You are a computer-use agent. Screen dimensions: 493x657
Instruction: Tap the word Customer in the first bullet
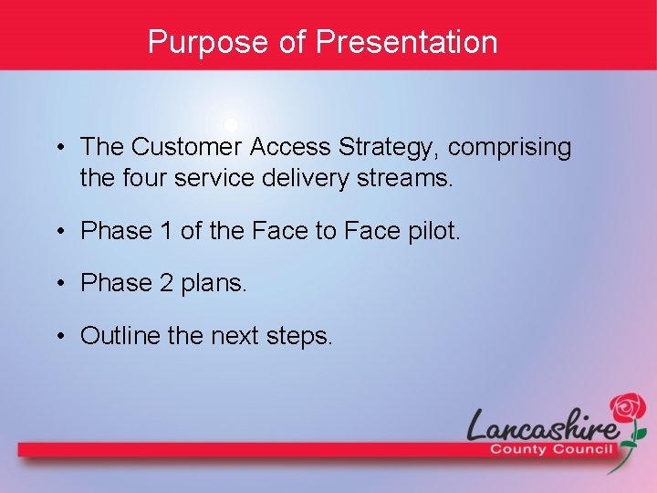[x=187, y=147]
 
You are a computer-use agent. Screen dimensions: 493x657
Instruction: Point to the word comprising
[x=510, y=147]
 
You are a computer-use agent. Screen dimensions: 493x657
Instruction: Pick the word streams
[x=404, y=178]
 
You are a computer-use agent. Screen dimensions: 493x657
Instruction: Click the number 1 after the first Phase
[x=165, y=231]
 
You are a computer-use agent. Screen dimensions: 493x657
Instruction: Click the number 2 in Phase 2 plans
[x=165, y=284]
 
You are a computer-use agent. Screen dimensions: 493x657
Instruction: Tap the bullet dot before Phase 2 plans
[x=58, y=284]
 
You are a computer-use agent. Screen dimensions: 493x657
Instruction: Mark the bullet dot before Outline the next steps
[x=58, y=337]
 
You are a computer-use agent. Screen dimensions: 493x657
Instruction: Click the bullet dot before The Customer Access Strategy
[x=58, y=147]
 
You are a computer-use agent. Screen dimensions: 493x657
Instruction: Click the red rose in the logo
[x=628, y=408]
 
